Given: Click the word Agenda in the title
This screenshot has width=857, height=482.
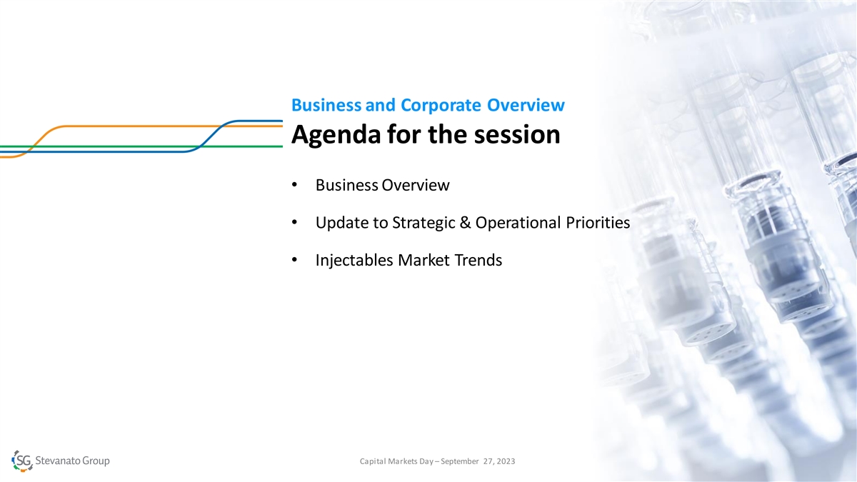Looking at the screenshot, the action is point(336,136).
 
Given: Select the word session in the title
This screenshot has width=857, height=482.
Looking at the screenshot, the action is point(517,135).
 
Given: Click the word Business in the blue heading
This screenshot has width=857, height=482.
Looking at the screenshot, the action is point(326,105).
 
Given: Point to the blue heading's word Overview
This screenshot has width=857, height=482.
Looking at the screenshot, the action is point(526,105).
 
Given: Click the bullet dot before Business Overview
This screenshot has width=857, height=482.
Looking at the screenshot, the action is point(294,185).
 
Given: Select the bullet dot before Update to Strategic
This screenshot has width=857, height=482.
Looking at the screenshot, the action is point(294,222).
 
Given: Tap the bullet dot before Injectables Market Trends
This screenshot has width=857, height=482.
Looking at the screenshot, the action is point(294,260).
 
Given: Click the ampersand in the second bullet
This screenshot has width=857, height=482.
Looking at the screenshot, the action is point(465,223).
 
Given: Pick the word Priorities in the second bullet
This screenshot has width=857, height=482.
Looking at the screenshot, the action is point(598,223).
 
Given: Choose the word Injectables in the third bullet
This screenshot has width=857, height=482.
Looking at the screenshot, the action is point(354,261).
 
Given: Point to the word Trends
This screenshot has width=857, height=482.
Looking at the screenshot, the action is point(478,260).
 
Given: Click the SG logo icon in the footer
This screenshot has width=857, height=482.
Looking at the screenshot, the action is point(22,461).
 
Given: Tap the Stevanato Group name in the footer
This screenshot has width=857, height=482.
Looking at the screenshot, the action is point(72,461).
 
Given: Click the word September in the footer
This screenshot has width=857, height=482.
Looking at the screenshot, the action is point(459,462).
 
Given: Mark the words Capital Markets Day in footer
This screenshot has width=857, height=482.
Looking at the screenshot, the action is point(396,462).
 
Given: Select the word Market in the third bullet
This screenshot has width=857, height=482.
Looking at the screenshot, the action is point(424,260).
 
